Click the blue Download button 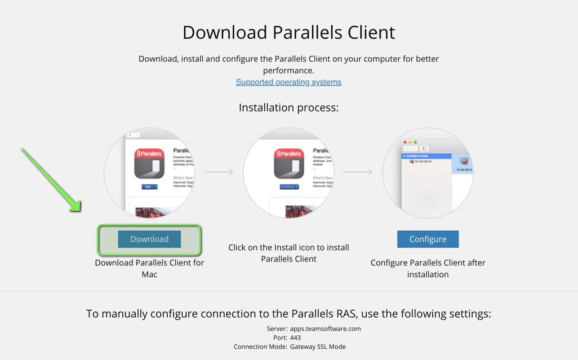click(x=149, y=239)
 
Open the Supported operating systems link click(x=289, y=82)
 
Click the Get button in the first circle click(x=149, y=187)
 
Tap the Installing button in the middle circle click(x=289, y=187)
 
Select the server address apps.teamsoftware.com click(x=325, y=329)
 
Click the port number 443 click(x=295, y=338)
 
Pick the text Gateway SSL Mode click(x=318, y=347)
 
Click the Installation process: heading click(x=289, y=107)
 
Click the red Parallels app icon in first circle click(x=149, y=164)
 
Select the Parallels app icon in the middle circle click(x=289, y=164)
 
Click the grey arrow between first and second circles click(x=219, y=172)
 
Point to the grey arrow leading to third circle click(x=358, y=172)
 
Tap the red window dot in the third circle click(x=405, y=142)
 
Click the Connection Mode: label click(x=260, y=347)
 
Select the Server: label click(x=277, y=329)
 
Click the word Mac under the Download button click(x=149, y=274)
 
